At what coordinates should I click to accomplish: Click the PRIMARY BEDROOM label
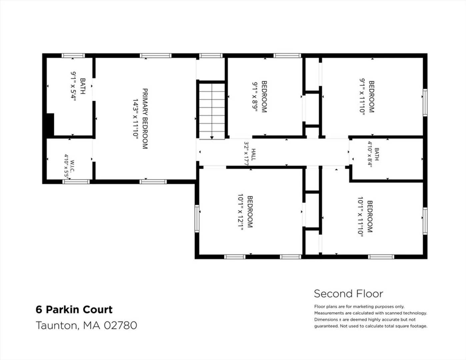click(145, 119)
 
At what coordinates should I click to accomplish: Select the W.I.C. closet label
click(72, 166)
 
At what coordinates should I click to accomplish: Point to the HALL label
click(253, 155)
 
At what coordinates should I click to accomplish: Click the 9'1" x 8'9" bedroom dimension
click(255, 97)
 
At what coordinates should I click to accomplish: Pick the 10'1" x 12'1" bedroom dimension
click(241, 212)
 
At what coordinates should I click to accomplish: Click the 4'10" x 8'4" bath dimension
click(370, 154)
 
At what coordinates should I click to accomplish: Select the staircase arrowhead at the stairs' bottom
click(212, 138)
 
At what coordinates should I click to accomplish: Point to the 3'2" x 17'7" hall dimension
click(246, 154)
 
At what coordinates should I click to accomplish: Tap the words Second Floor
click(348, 294)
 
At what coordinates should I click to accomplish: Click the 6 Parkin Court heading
click(74, 310)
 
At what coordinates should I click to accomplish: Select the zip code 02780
click(121, 325)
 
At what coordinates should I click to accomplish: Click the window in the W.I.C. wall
click(76, 182)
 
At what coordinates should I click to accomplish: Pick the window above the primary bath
click(73, 56)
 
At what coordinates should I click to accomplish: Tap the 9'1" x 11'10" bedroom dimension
click(362, 97)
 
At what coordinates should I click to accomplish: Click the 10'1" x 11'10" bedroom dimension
click(360, 217)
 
